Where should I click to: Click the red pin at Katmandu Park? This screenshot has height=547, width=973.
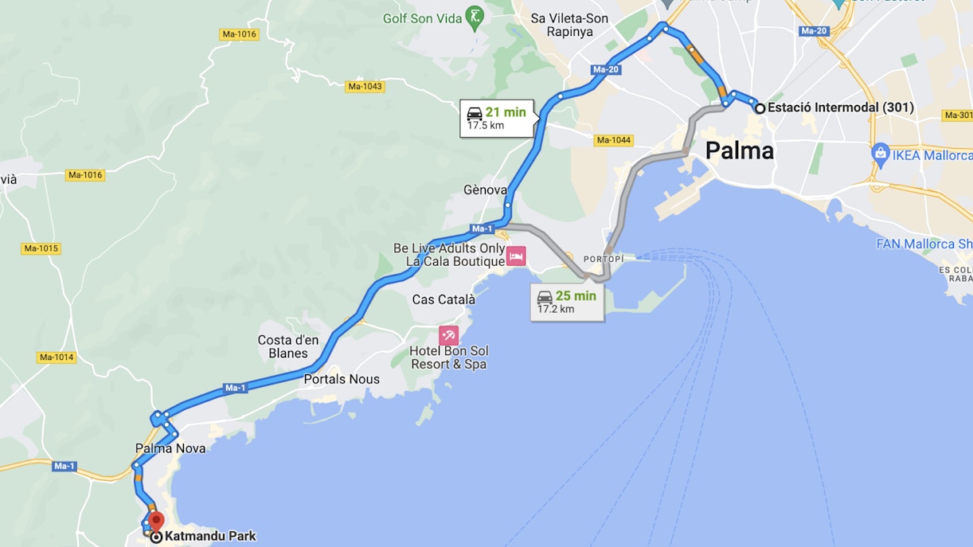coord(156,522)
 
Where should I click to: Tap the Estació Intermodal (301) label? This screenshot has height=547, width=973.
coord(840,107)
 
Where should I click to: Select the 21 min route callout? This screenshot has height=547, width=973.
coord(496,118)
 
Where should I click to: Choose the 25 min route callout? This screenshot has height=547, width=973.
coord(566,302)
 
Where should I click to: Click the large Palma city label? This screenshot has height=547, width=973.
coord(740,150)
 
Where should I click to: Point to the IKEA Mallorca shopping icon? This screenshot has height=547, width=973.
coord(880,154)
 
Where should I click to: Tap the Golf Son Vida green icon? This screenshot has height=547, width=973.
coord(475,18)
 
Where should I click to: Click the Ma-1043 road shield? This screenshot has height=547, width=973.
coord(365,86)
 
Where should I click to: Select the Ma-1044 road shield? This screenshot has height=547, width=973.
coord(613,141)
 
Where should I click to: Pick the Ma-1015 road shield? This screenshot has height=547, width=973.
coord(41,248)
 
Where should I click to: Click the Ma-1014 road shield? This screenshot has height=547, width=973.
coord(57,358)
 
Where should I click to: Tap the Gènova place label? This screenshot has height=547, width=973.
coord(485,190)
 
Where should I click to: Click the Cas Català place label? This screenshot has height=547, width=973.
coord(444,300)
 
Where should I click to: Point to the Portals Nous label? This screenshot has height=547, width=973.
coord(342,380)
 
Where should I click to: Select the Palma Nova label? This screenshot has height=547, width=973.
coord(170,448)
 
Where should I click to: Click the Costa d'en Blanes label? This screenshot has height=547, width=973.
coord(287,346)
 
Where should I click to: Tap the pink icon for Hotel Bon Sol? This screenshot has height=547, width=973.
coord(448,336)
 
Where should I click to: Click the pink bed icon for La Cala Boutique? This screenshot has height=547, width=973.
coord(516,256)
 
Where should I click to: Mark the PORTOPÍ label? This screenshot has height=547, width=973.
coord(604,260)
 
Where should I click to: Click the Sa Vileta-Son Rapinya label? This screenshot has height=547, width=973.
coord(569,25)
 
